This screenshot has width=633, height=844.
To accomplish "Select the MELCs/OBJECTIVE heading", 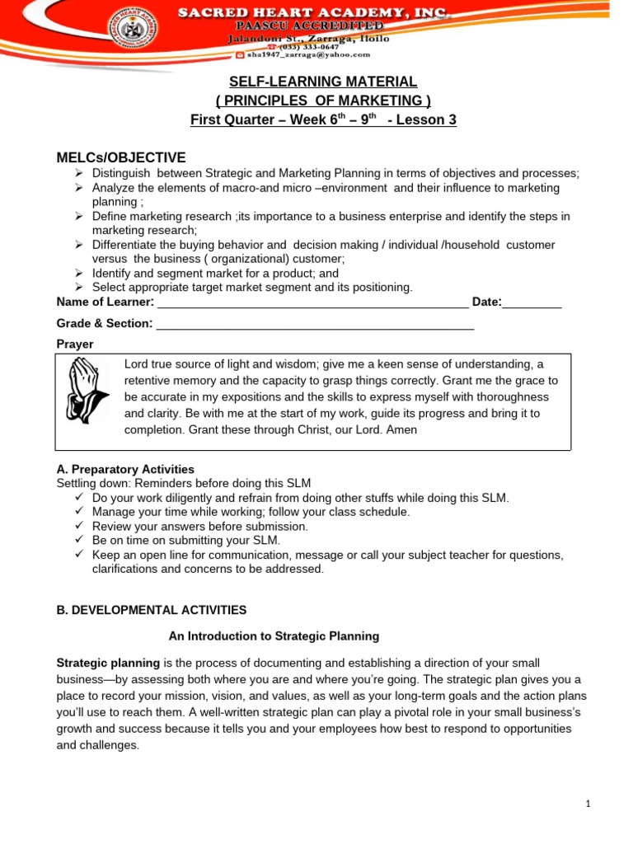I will [x=121, y=157].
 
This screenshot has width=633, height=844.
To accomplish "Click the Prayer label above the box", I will [x=75, y=344].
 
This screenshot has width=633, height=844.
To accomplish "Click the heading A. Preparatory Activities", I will [x=125, y=469].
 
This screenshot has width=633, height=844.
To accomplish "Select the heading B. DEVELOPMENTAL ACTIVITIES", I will [x=151, y=610].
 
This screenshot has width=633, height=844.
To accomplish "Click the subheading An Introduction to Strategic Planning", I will [x=274, y=636].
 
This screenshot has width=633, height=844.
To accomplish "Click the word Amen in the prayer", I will [x=403, y=430].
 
